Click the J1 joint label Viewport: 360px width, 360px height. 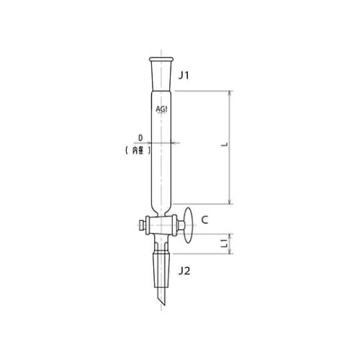click(184, 76)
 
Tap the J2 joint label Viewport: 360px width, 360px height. click(184, 271)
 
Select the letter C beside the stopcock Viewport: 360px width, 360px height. click(204, 220)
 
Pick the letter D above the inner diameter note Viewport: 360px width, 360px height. click(140, 138)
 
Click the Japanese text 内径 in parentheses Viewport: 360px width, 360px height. click(138, 150)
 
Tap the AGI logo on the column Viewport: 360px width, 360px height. click(161, 109)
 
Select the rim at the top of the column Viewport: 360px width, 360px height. click(161, 59)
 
